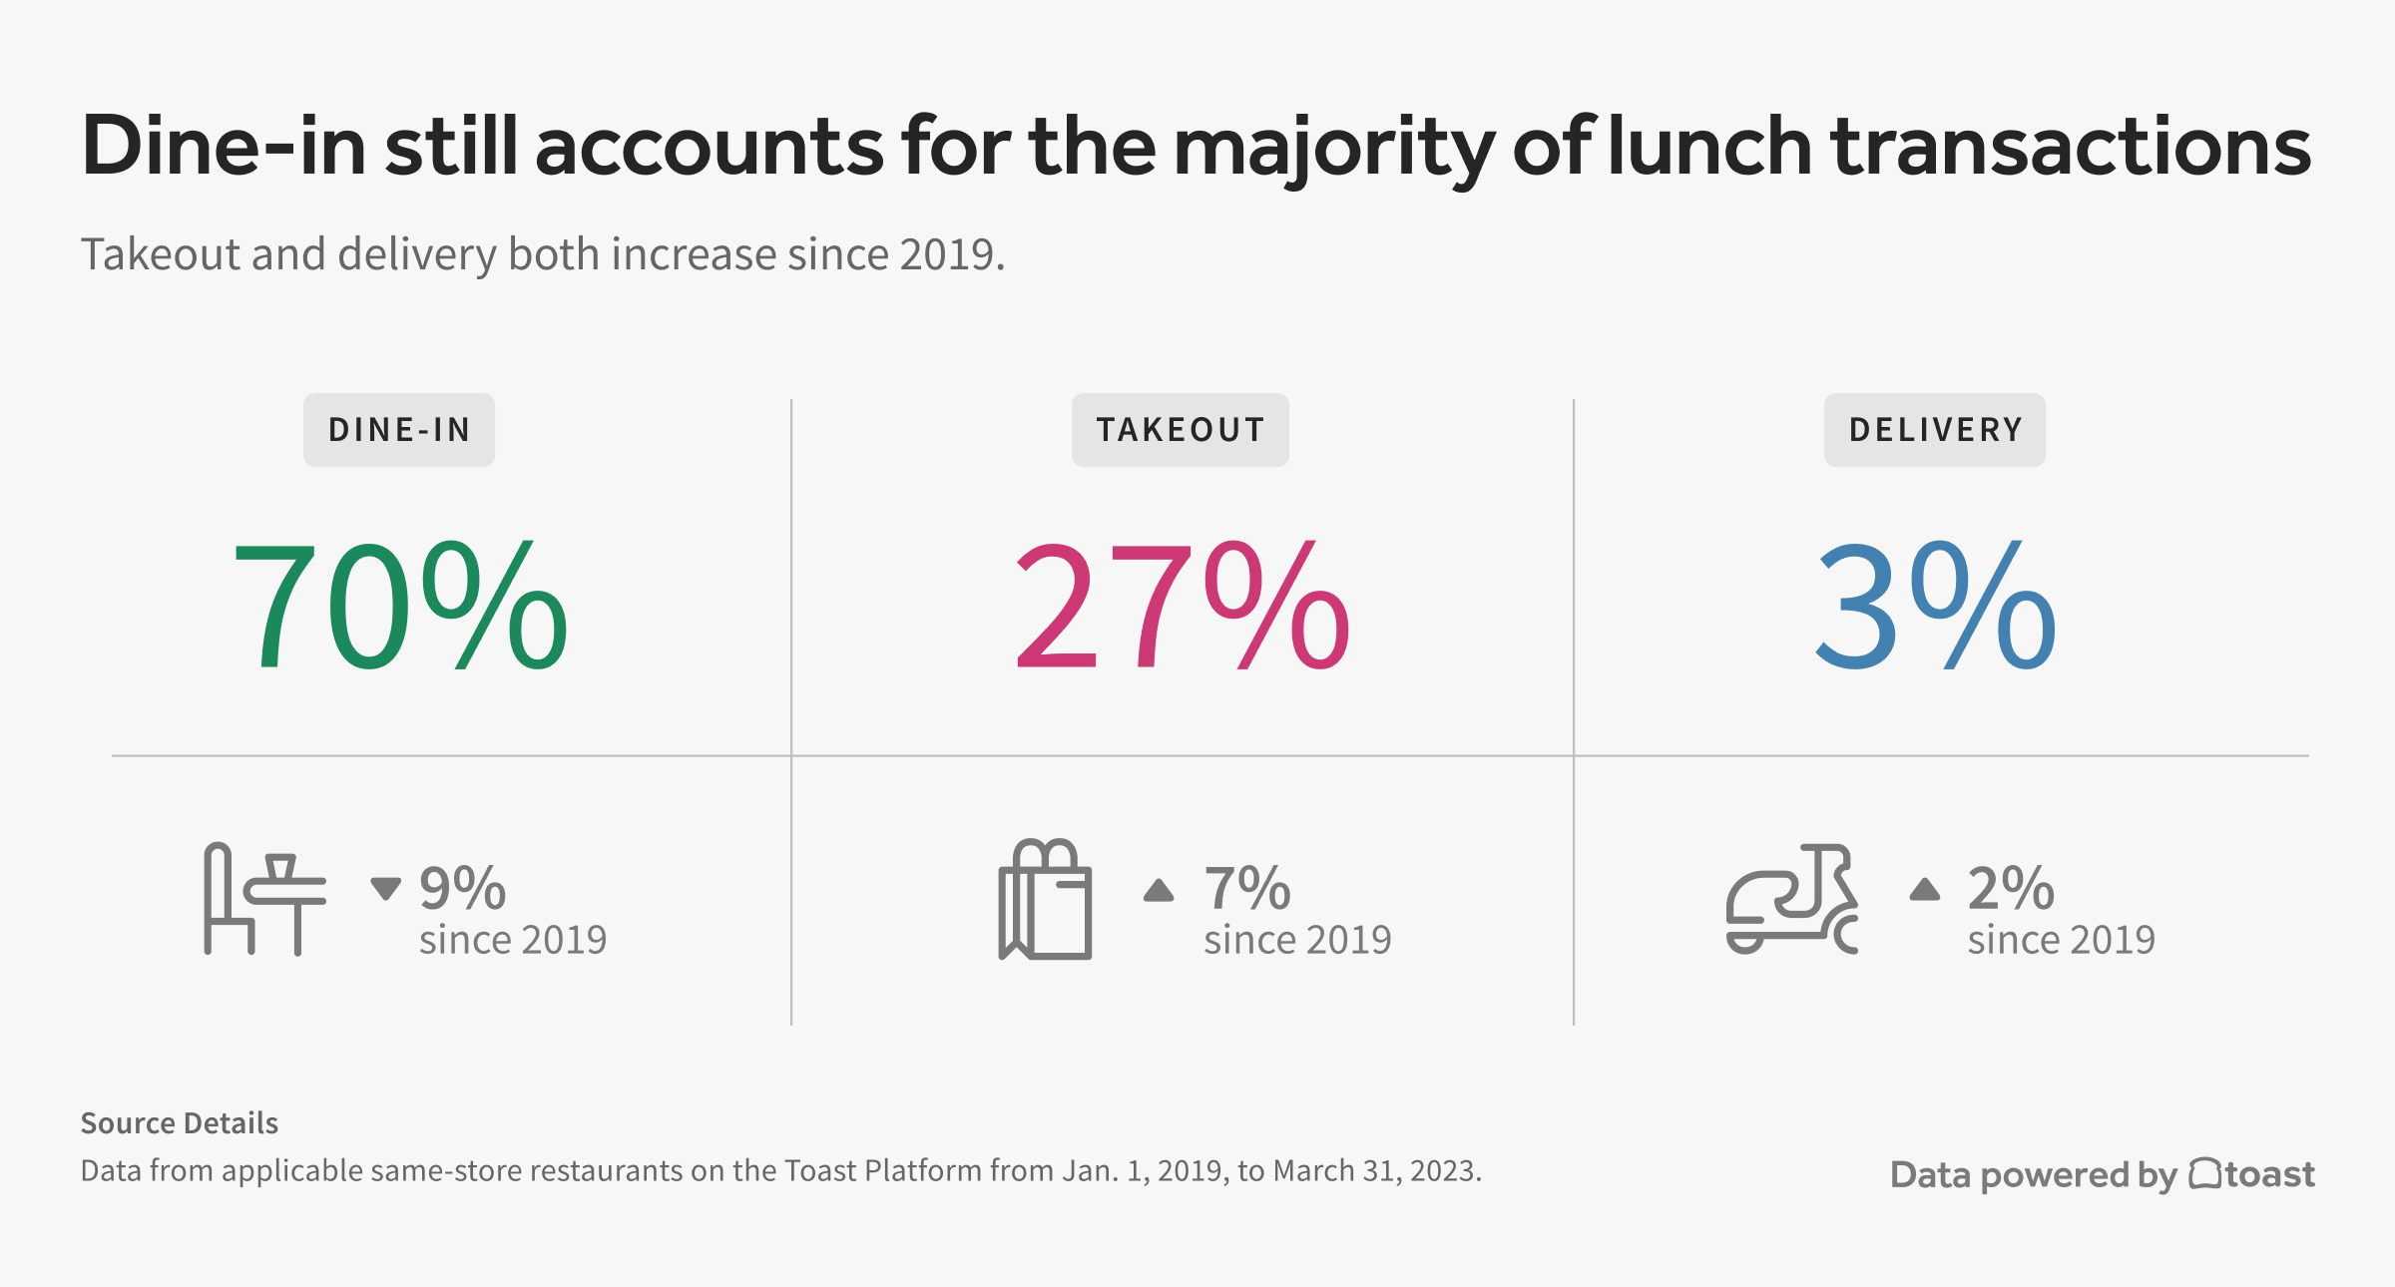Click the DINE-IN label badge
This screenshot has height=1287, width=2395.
pyautogui.click(x=398, y=430)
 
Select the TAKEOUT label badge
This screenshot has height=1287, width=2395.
pyautogui.click(x=1180, y=430)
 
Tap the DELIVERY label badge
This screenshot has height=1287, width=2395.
pyautogui.click(x=1934, y=430)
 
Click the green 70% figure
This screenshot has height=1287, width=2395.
pyautogui.click(x=399, y=607)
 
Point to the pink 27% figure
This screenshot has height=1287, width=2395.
pyautogui.click(x=1182, y=607)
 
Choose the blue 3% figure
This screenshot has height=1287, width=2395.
pyautogui.click(x=1936, y=607)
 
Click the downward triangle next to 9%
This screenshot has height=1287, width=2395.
pyautogui.click(x=385, y=887)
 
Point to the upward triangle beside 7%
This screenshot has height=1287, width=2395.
pyautogui.click(x=1159, y=889)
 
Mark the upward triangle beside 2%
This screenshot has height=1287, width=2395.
pyautogui.click(x=1925, y=888)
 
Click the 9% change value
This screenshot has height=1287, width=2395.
pyautogui.click(x=462, y=888)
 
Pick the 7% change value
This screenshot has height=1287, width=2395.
pyautogui.click(x=1246, y=888)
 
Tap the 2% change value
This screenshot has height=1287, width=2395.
pyautogui.click(x=2011, y=888)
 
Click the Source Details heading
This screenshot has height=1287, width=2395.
pyautogui.click(x=180, y=1123)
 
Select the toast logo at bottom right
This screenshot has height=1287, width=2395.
pyautogui.click(x=2252, y=1174)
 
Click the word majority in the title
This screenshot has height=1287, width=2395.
pyautogui.click(x=1333, y=148)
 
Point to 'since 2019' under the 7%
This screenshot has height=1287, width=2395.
pyautogui.click(x=1297, y=940)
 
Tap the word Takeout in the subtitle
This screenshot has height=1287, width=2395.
pyautogui.click(x=160, y=254)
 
